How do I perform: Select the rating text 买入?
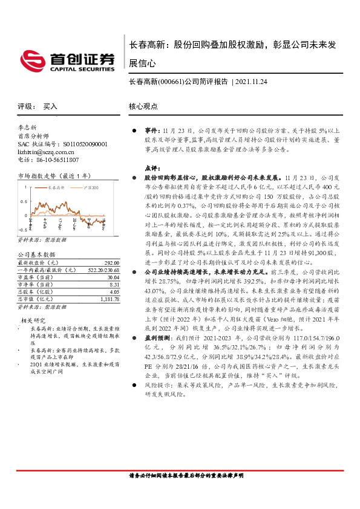pyautogui.click(x=50, y=106)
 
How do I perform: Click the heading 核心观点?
pyautogui.click(x=143, y=106)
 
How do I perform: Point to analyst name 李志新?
pyautogui.click(x=28, y=128)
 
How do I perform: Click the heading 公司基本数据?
pyautogui.click(x=36, y=254)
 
